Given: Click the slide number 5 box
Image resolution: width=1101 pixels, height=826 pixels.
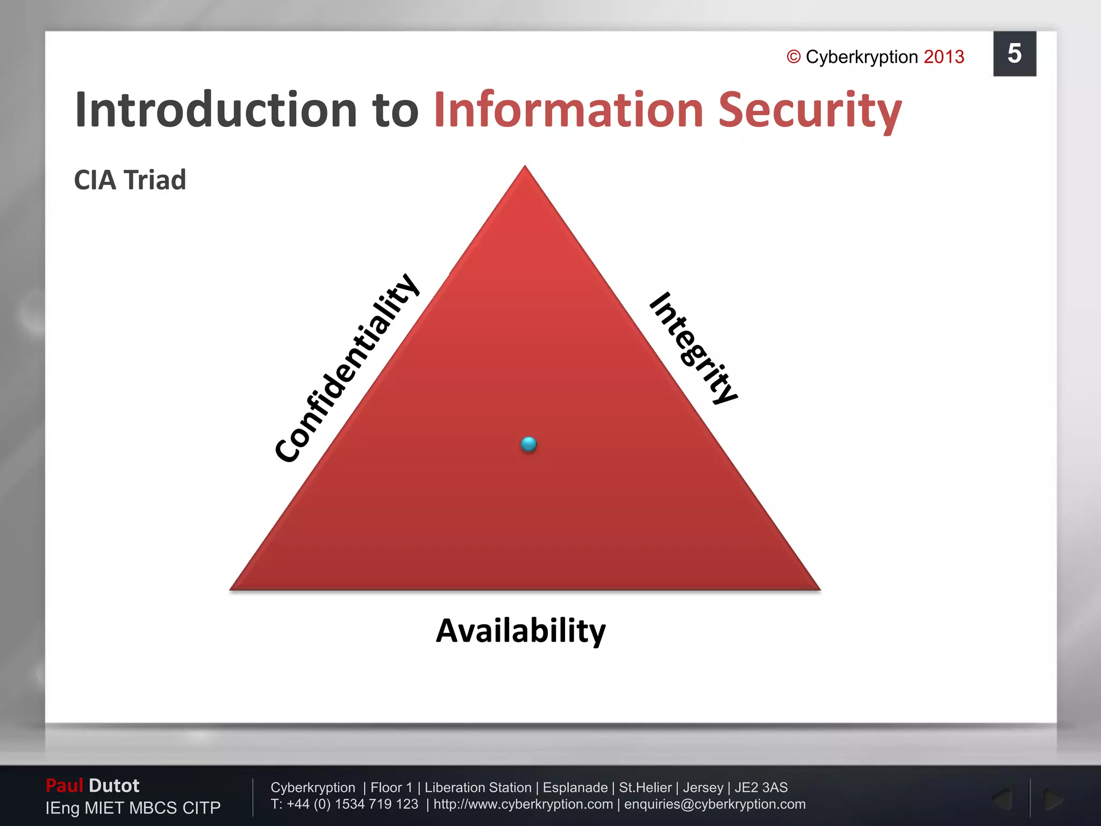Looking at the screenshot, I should click(x=1014, y=54).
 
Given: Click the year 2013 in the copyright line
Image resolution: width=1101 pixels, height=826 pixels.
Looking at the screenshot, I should click(x=943, y=57).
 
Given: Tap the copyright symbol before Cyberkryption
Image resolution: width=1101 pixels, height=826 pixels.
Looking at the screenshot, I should click(x=793, y=57).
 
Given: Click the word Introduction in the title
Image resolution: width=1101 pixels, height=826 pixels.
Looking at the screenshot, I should click(x=215, y=110).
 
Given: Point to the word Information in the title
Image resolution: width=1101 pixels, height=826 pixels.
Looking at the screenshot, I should click(x=568, y=110).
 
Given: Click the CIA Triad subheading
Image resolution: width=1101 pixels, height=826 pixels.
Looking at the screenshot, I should click(x=130, y=180).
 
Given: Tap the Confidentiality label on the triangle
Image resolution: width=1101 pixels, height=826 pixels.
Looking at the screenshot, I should click(x=346, y=368).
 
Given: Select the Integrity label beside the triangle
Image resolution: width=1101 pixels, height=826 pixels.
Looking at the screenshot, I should click(x=694, y=348).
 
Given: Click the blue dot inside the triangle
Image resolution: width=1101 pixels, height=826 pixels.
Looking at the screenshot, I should click(x=529, y=444).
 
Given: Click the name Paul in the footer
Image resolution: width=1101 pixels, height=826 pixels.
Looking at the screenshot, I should click(x=64, y=786).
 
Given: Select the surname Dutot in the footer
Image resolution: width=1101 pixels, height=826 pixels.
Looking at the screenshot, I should click(x=114, y=786).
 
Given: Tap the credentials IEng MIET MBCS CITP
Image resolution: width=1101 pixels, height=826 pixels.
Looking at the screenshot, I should click(x=133, y=808).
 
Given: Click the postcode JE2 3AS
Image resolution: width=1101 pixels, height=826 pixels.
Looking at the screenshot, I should click(x=761, y=788).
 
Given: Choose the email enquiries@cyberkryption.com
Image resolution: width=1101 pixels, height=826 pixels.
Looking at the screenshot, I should click(x=714, y=804).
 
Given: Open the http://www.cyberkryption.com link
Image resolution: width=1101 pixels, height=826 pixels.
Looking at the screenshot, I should click(x=523, y=804).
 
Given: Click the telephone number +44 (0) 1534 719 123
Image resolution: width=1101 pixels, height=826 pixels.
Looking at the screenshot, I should click(x=352, y=804).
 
